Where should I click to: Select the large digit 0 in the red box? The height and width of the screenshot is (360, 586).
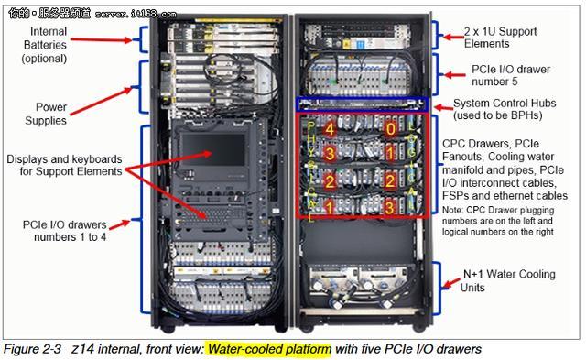[x=390, y=129]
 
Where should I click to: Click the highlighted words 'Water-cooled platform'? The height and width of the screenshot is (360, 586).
[x=266, y=348]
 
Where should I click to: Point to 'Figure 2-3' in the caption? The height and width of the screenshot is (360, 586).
[x=33, y=348]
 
